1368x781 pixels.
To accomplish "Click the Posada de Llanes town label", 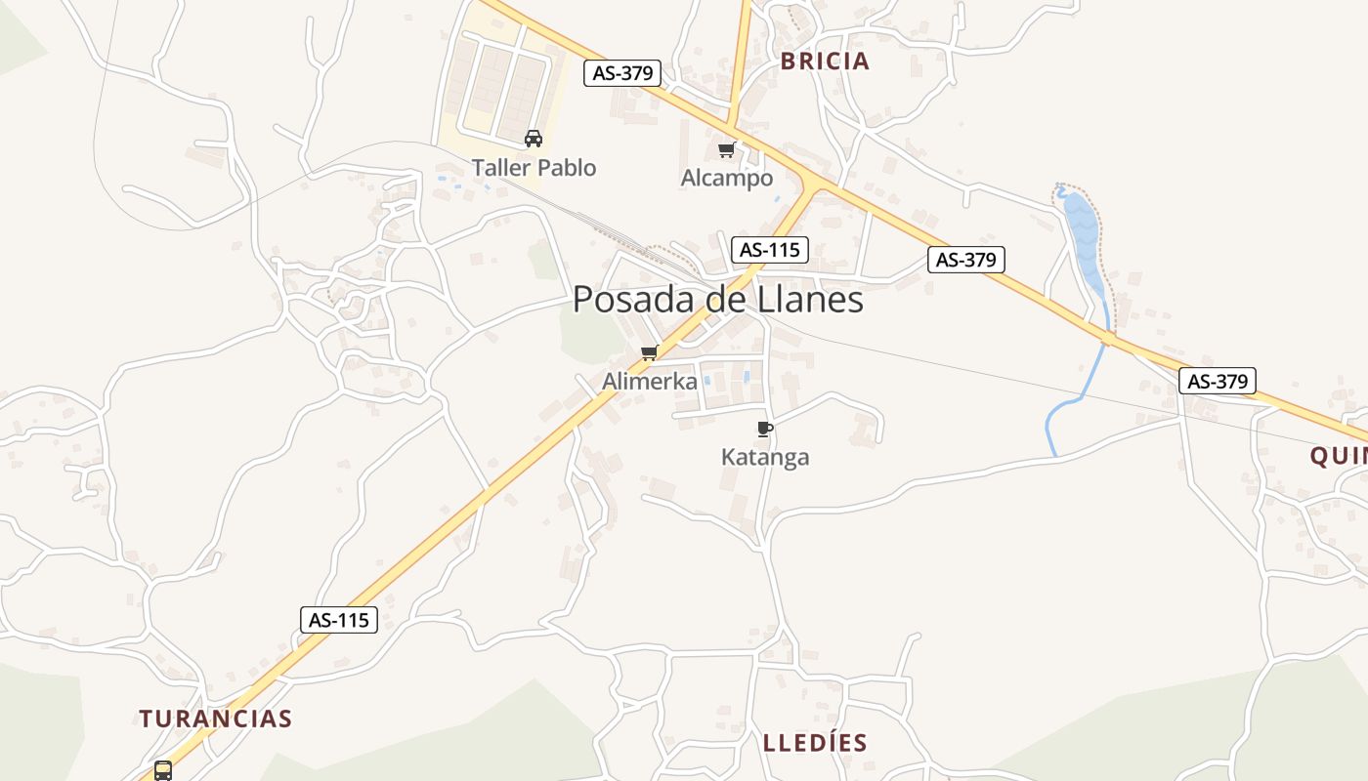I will point(718,300).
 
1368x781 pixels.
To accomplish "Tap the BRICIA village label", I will point(825,62).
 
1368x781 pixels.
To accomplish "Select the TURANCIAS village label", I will point(215,719).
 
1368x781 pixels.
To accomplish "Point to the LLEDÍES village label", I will point(815,743).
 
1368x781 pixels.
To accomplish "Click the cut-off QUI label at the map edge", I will point(1338,456).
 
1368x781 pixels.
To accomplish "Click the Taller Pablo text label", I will point(534,168).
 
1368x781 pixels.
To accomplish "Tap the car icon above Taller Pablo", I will point(534,139).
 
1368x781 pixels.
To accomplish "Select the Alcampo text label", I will point(727,178).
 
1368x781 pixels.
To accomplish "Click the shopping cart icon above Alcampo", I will point(726,149).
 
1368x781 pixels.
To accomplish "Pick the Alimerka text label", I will point(650,381).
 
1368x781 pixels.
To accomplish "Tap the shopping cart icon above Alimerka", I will point(649,352).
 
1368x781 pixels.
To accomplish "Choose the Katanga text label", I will point(765,457).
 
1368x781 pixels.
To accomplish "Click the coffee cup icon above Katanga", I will point(765,429).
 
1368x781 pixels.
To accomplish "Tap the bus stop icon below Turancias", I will point(163,770).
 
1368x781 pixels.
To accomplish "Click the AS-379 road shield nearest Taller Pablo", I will point(622,72).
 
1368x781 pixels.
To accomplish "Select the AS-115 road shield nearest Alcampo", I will point(770,249).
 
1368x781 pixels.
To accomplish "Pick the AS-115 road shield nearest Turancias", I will point(338,619).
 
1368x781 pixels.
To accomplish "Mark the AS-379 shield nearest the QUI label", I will point(1217,381).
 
